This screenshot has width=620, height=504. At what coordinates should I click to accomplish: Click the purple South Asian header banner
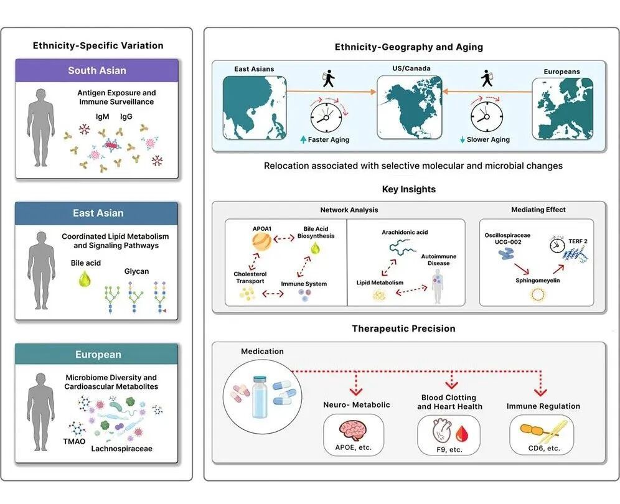coord(97,70)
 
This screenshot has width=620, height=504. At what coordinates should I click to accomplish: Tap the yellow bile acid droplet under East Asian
coord(85,278)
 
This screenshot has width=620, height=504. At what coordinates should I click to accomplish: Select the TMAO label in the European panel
coord(74,441)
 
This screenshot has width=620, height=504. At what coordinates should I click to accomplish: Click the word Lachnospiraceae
coord(122,449)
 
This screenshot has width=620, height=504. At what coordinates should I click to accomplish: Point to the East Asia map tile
coord(254,108)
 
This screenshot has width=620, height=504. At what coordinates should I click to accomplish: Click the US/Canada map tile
coord(409,107)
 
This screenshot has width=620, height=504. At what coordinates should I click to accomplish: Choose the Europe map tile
coord(562,109)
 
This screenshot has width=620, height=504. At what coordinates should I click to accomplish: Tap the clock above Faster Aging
coord(326,118)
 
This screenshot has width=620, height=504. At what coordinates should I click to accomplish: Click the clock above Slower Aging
coord(487,118)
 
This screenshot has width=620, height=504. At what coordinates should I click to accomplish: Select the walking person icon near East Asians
coord(328,78)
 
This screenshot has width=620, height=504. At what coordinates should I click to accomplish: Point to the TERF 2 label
coord(578,241)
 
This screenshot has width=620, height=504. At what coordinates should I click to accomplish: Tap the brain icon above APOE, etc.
coord(353,431)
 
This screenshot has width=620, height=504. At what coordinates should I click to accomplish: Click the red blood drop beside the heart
coord(462,434)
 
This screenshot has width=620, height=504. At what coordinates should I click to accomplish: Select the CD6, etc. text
coord(544,448)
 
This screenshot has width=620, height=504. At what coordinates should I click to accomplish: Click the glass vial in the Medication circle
coord(260,396)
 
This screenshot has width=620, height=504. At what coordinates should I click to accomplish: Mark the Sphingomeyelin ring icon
coord(537,294)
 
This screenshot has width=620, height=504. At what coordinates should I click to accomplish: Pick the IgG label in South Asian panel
coord(126,116)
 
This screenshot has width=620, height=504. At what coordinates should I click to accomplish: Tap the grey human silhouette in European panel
coord(41,411)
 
